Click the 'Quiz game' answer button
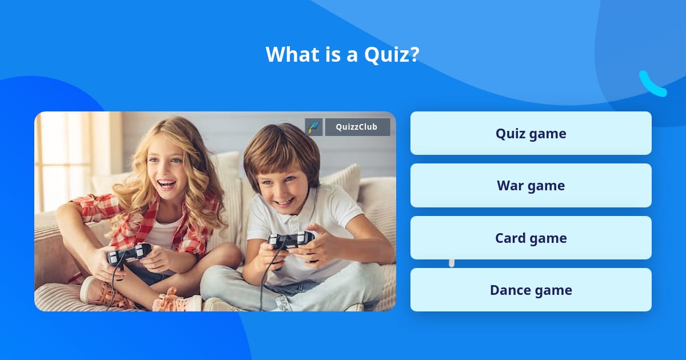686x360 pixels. (x=531, y=133)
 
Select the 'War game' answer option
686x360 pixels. (x=531, y=186)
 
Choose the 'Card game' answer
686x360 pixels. (x=531, y=238)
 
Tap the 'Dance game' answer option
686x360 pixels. (x=531, y=290)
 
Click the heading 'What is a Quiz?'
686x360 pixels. (x=342, y=54)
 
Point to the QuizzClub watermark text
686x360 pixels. (x=357, y=127)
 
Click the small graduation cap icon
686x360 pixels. (x=314, y=127)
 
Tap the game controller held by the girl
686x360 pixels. (x=129, y=253)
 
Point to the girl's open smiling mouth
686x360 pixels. (x=166, y=184)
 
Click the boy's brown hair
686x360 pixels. (x=280, y=149)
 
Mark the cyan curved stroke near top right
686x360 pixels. (x=652, y=85)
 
